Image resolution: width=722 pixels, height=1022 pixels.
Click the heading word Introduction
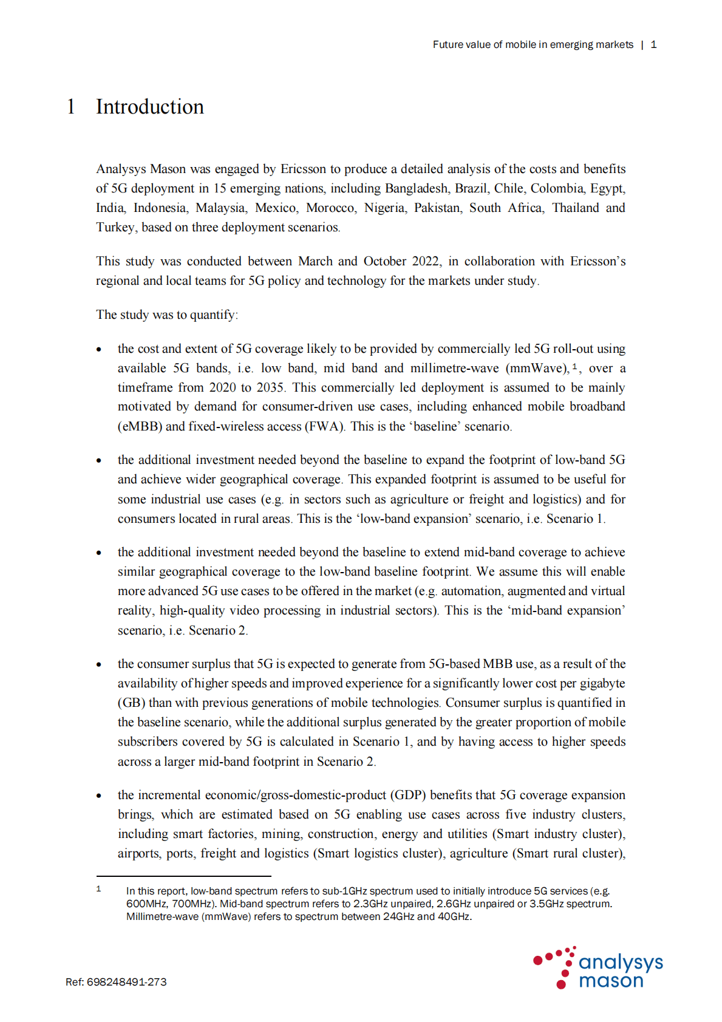(x=149, y=107)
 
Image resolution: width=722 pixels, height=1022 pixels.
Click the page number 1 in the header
(x=653, y=44)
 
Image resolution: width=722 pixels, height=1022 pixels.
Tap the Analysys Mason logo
(x=598, y=968)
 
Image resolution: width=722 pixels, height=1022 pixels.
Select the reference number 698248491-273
(x=126, y=982)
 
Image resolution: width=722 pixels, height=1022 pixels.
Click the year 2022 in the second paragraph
(x=426, y=261)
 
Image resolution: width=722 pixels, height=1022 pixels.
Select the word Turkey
(x=115, y=227)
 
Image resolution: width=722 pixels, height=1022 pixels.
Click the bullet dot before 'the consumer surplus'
(x=99, y=664)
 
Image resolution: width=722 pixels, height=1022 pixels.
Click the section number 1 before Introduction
(x=71, y=107)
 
